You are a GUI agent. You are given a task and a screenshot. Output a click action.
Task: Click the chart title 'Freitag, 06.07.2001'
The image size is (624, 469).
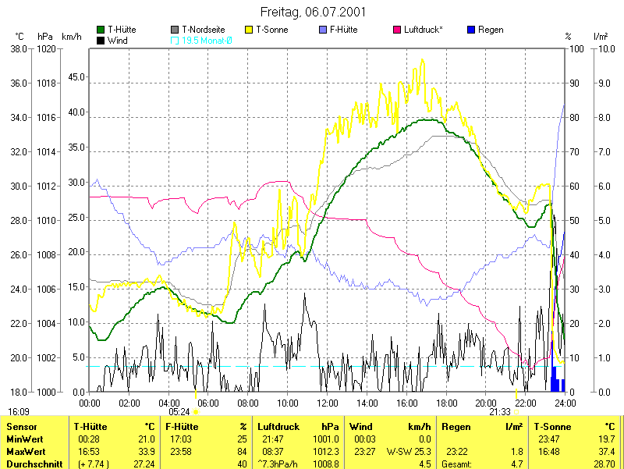point(312,12)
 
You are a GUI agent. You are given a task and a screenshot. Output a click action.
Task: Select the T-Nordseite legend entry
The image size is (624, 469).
point(203,30)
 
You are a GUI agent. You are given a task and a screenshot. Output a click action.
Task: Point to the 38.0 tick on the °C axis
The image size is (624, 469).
point(18,48)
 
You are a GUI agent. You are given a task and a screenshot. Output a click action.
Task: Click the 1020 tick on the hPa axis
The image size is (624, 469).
point(46,48)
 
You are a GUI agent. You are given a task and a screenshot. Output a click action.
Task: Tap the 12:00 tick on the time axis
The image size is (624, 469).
point(328,403)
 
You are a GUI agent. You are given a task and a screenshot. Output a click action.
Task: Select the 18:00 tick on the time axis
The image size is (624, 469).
point(446,403)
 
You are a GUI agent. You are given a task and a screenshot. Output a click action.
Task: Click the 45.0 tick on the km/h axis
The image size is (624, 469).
point(76,77)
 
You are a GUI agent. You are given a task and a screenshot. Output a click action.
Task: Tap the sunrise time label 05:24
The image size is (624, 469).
point(179,411)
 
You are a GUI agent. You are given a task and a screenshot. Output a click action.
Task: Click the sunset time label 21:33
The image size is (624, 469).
point(500,411)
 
